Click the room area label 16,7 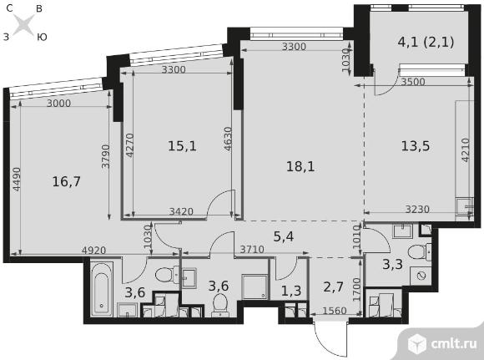[67, 182]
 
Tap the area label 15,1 [182, 146]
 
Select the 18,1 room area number [300, 167]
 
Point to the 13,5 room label [416, 146]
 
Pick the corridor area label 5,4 [284, 236]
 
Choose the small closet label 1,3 [291, 291]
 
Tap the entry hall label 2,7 [333, 287]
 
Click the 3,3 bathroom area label [393, 265]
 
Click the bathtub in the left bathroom [102, 289]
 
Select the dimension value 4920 [93, 250]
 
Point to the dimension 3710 [252, 249]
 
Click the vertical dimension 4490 [17, 180]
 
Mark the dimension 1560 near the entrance [335, 310]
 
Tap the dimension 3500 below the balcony [413, 82]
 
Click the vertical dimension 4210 [466, 150]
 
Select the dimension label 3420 [182, 211]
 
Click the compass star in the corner [24, 24]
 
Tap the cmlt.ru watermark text [453, 344]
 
